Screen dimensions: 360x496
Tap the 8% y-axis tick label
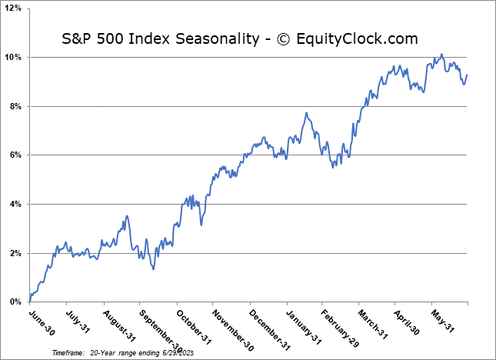coord(15,106)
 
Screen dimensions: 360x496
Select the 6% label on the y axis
coord(15,155)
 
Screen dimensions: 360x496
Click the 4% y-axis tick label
coord(15,204)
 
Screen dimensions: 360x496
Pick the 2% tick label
coord(15,253)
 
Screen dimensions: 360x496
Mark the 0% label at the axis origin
coord(15,302)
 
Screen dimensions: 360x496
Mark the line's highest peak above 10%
coord(441,55)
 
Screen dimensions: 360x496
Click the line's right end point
coord(467,75)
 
